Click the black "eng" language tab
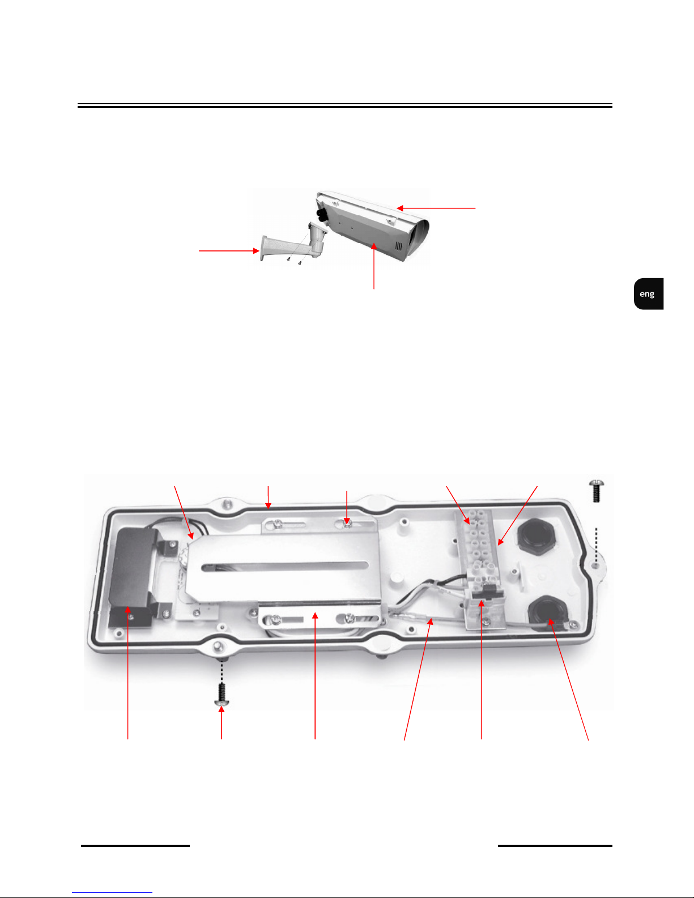648,293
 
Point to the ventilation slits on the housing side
399,246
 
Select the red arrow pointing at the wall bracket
229,250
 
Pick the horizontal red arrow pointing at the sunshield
436,208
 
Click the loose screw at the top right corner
596,491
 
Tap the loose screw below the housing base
222,695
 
